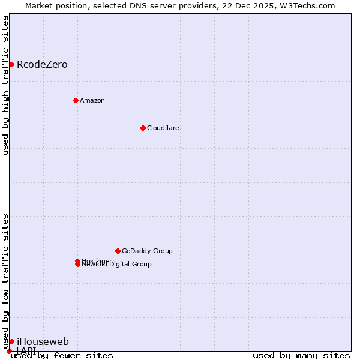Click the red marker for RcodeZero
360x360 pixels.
[11, 64]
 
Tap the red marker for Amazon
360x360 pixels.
[76, 100]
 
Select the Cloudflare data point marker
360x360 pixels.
[143, 128]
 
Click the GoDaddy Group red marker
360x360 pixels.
[118, 251]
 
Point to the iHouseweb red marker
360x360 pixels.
[11, 341]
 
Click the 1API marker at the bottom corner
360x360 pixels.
[9, 351]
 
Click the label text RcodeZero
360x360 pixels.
[42, 64]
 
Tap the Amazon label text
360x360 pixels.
[92, 100]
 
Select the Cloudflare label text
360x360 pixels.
[163, 128]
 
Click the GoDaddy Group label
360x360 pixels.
[147, 251]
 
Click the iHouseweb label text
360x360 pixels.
[43, 341]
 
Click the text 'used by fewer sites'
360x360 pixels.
[62, 355]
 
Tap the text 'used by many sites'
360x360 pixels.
[301, 355]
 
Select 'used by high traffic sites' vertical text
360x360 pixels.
[5, 85]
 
